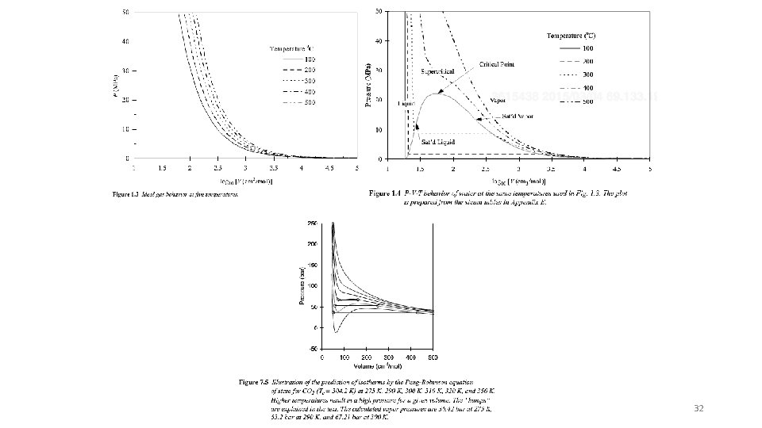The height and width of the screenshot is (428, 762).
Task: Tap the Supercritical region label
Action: (437, 71)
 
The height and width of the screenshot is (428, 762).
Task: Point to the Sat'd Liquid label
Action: (438, 141)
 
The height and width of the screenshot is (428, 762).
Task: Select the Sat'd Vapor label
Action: (518, 116)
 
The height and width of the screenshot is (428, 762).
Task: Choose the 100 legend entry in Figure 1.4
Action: (588, 49)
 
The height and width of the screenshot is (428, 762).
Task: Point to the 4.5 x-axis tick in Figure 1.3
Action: (329, 168)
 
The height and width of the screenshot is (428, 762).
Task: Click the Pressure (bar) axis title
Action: (301, 285)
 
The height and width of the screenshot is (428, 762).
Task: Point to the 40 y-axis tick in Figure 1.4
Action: (379, 40)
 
